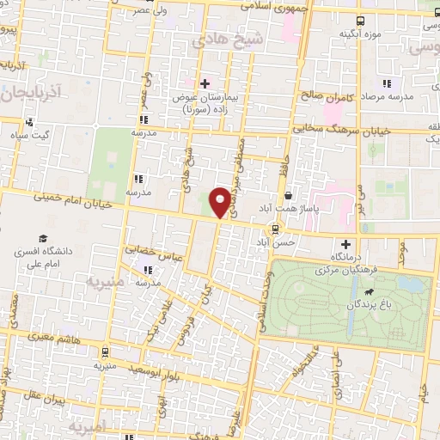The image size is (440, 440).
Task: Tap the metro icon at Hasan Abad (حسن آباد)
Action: pos(274,229)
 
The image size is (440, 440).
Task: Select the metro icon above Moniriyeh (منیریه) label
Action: pos(105,351)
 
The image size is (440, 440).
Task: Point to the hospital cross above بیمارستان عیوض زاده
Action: pos(205,83)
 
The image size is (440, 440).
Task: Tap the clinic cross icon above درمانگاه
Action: pos(346,244)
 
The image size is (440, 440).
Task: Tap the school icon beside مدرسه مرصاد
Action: pos(387,83)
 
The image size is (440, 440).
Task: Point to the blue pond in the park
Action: pos(414,283)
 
